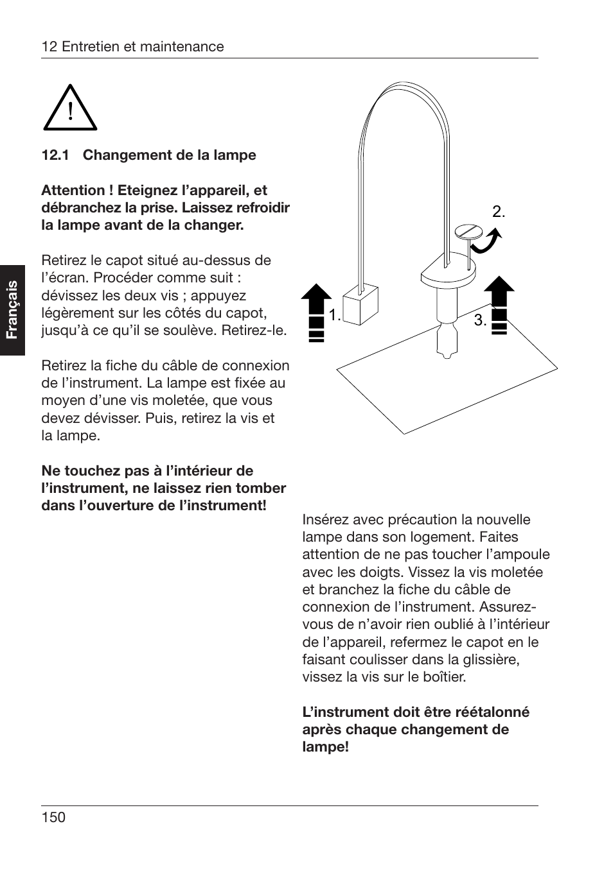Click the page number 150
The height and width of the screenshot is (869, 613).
(53, 817)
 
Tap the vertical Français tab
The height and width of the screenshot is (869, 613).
(12, 310)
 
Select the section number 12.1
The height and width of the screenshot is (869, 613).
(55, 155)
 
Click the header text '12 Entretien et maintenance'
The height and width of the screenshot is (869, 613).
(132, 47)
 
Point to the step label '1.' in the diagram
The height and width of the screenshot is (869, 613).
(335, 315)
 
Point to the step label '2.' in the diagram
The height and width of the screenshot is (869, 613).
(499, 212)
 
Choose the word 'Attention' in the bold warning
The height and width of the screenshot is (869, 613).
(72, 191)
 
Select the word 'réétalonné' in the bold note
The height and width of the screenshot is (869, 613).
(492, 712)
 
